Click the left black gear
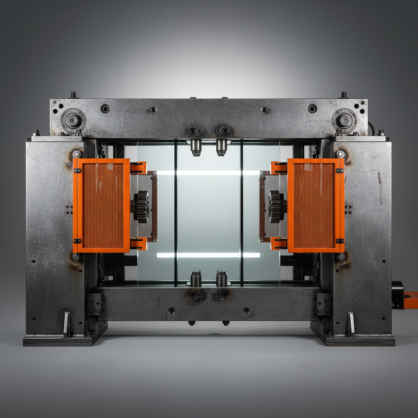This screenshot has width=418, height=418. point(141,207)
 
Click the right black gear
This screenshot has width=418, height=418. point(276,207)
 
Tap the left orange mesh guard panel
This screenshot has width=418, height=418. point(102,206)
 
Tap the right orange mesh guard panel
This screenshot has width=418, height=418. point(315,206)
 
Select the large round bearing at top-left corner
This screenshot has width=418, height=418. point(73,120)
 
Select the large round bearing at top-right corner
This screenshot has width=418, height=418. point(344,120)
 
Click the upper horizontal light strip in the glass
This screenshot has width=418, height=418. point(208,173)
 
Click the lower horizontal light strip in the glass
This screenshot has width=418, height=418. point(208,255)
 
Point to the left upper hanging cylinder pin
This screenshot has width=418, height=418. point(196,147)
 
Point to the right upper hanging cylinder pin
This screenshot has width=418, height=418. point(221,147)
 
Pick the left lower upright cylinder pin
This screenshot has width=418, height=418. point(196,278)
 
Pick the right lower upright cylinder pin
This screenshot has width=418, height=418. point(221,278)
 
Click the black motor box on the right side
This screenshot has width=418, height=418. point(397,294)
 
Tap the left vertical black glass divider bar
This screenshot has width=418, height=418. point(176,212)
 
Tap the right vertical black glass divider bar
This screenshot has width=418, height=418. point(242,212)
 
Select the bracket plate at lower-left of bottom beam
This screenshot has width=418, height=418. point(94,304)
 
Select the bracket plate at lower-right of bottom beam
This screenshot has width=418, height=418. point(324,304)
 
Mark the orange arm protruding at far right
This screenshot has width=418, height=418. point(411,300)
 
